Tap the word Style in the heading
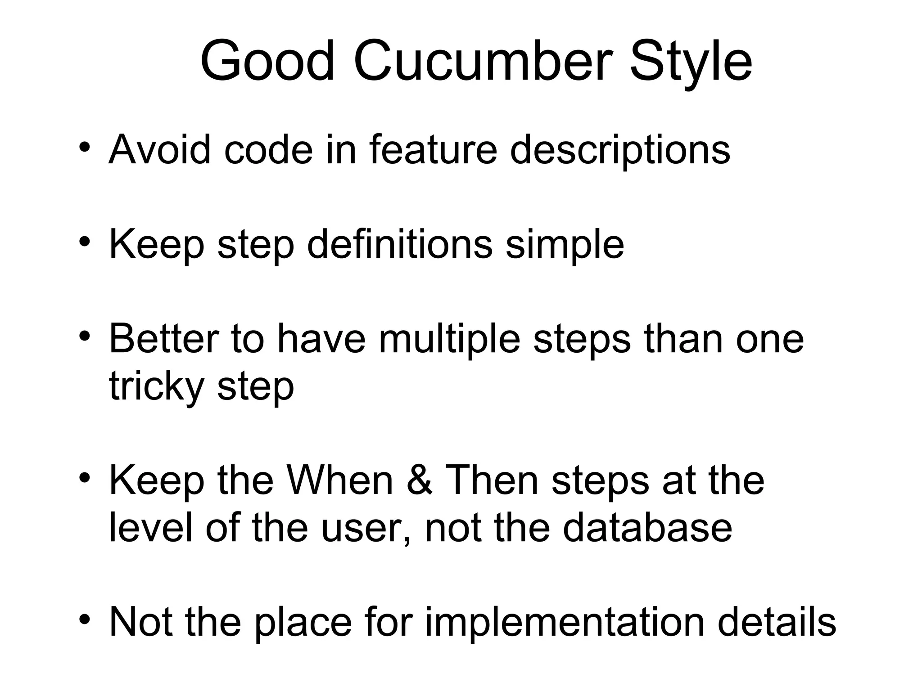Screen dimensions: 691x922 tap(691, 63)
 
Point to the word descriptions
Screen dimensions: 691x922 tap(620, 151)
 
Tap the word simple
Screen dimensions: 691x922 tap(565, 246)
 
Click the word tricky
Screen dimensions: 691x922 tap(157, 387)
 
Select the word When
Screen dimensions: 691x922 tap(340, 480)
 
